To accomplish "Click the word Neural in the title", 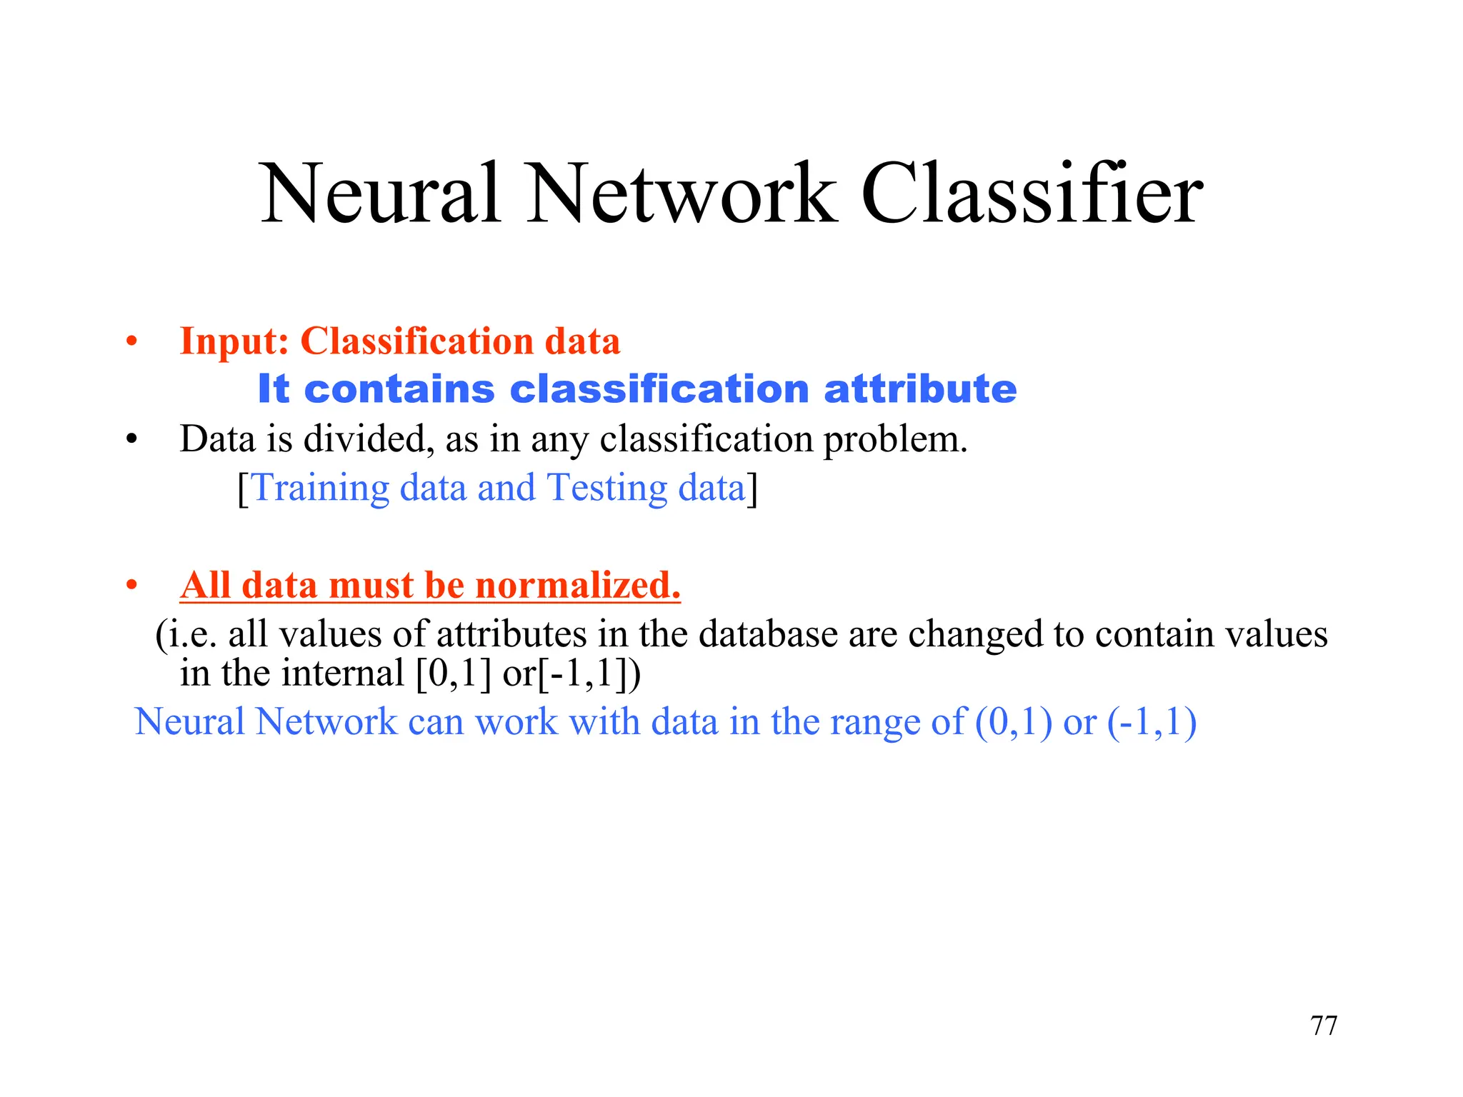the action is pyautogui.click(x=380, y=194).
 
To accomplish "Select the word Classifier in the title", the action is pyautogui.click(x=1032, y=194).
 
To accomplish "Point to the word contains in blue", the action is pyautogui.click(x=399, y=389).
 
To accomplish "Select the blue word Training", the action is pyautogui.click(x=321, y=489).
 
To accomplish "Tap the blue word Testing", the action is pyautogui.click(x=607, y=489).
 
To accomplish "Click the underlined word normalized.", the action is pyautogui.click(x=578, y=586).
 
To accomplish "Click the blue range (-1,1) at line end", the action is pyautogui.click(x=1152, y=722).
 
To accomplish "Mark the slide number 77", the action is pyautogui.click(x=1324, y=1026).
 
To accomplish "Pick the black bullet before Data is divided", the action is pyautogui.click(x=131, y=439).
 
